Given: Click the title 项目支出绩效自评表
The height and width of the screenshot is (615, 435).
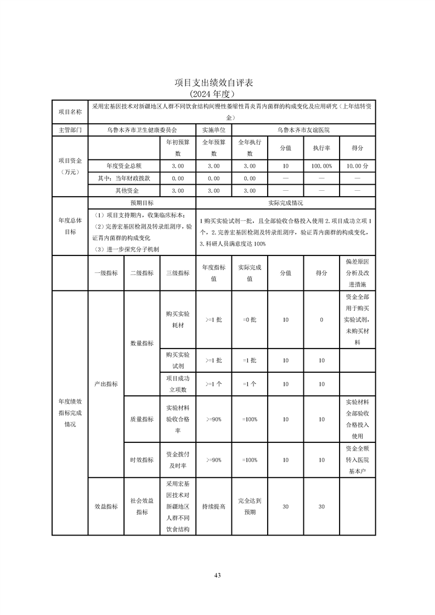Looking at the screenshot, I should [217, 83].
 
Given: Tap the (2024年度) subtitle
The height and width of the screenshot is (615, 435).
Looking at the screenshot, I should [217, 94].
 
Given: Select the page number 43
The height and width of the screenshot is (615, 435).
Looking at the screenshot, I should [217, 575].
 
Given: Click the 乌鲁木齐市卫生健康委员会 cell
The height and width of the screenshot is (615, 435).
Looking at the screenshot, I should [142, 130].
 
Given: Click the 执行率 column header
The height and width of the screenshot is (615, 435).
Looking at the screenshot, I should [321, 148].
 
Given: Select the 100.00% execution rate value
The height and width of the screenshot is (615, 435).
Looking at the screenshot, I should [321, 166].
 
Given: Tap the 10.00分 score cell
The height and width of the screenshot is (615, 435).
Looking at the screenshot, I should [358, 166].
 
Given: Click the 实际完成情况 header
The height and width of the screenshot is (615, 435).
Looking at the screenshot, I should [285, 202].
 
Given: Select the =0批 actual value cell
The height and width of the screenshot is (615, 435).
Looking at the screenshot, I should [250, 320].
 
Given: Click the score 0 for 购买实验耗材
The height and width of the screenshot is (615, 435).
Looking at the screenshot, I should [321, 320].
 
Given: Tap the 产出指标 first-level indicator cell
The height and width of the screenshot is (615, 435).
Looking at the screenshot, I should [106, 384].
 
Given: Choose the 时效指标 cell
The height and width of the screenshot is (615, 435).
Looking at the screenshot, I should [142, 460].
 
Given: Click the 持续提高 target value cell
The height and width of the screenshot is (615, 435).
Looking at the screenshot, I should [214, 507].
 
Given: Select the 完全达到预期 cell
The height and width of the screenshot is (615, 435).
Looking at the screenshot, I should [250, 506].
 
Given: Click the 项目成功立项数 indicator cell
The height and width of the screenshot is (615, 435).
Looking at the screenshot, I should [177, 384].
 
